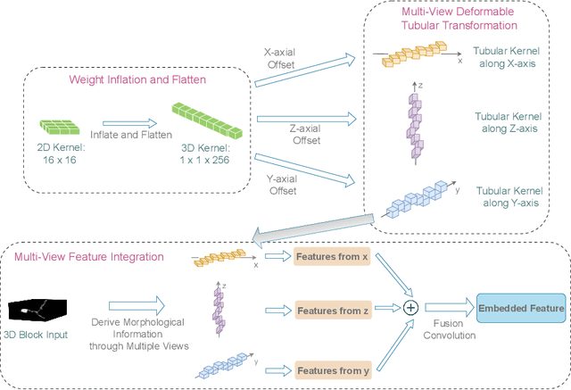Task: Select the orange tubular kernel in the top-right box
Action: coord(415,57)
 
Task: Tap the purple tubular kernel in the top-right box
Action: coord(413,124)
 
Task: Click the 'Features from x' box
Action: coord(331,257)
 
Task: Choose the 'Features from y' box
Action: coord(331,368)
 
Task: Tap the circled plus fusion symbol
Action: coord(410,307)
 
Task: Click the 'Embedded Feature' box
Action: coord(521,310)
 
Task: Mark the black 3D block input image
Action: coord(38,310)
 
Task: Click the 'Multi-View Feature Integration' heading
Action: coord(89,257)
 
